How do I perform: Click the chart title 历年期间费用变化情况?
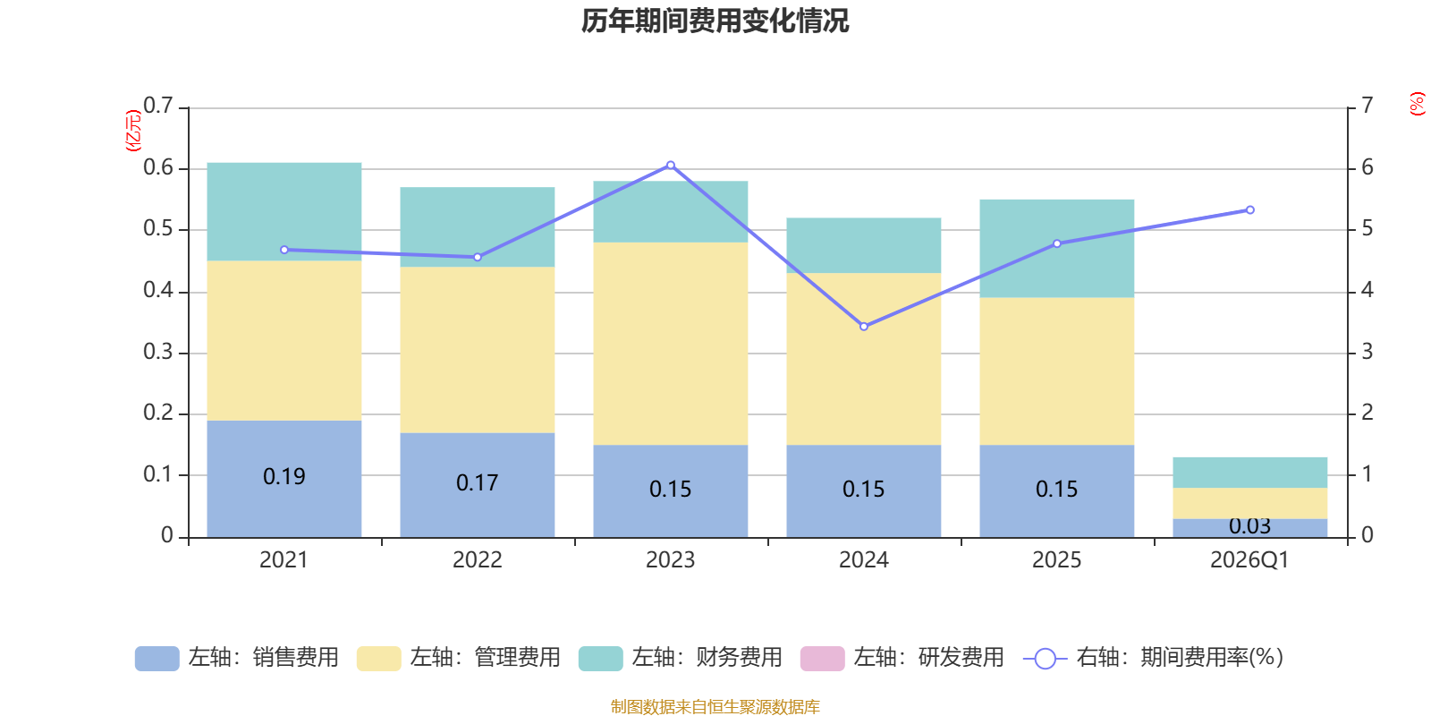715,21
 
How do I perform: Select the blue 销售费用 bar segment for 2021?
284,479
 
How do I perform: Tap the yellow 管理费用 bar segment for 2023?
671,344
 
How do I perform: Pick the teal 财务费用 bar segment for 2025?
1057,248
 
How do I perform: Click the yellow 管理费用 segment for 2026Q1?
1250,503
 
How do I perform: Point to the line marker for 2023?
671,165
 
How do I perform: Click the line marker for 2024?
864,327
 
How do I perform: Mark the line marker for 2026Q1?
1250,210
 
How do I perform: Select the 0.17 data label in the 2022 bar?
478,483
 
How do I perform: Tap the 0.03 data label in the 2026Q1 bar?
1250,526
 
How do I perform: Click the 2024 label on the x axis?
864,560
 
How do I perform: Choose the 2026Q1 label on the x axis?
1250,560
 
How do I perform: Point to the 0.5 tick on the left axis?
158,229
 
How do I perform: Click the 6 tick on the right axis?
1367,167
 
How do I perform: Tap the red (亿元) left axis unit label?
133,131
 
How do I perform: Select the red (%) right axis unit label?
1417,104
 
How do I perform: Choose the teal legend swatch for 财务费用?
600,658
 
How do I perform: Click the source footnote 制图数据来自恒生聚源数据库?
715,707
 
